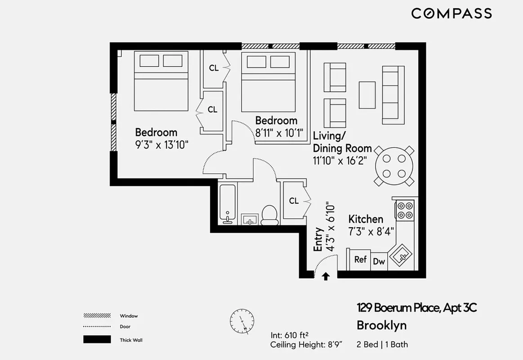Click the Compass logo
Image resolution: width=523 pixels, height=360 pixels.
pyautogui.click(x=451, y=13)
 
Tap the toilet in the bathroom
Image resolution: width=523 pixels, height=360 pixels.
pyautogui.click(x=269, y=215)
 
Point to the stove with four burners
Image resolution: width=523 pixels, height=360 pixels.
pyautogui.click(x=404, y=209)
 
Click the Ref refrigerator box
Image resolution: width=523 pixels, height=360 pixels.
pyautogui.click(x=360, y=260)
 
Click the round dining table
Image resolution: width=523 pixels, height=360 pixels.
pyautogui.click(x=394, y=166)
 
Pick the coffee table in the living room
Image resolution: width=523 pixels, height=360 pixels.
pyautogui.click(x=367, y=94)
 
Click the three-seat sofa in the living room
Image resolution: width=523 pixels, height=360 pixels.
pyautogui.click(x=390, y=94)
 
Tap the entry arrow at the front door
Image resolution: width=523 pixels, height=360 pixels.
pyautogui.click(x=326, y=276)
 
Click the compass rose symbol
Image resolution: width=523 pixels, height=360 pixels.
pyautogui.click(x=242, y=321)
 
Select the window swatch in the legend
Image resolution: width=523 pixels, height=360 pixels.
pyautogui.click(x=97, y=315)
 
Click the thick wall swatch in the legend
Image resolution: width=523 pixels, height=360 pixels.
pyautogui.click(x=97, y=339)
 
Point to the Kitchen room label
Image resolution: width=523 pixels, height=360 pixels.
pyautogui.click(x=366, y=219)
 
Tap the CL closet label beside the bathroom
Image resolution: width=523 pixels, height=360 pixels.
pyautogui.click(x=294, y=201)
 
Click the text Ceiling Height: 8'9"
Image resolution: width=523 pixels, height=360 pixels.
pyautogui.click(x=307, y=345)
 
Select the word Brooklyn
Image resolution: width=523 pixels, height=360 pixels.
pyautogui.click(x=381, y=325)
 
